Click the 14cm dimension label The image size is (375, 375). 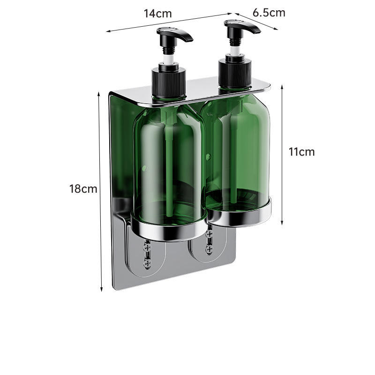click(157, 14)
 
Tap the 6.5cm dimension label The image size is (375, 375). click(269, 13)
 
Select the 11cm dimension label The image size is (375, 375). click(301, 152)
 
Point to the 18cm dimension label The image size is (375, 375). click(83, 189)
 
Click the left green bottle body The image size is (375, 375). click(169, 165)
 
